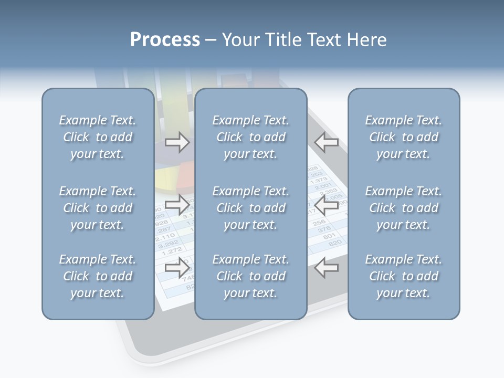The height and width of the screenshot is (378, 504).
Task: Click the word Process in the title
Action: point(165,40)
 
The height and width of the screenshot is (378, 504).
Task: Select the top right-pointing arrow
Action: point(177,142)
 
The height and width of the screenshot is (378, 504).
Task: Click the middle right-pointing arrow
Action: point(177,205)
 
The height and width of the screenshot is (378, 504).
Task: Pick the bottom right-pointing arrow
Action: point(177,268)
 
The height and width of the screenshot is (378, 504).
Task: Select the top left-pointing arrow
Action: point(326,142)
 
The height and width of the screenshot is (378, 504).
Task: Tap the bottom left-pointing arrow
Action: point(326,268)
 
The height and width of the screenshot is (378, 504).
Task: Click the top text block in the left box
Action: point(98,137)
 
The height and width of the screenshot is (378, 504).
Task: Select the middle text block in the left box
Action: point(98,208)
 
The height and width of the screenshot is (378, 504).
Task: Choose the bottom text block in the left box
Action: point(98,276)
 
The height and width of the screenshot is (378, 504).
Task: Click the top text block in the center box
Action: point(250,137)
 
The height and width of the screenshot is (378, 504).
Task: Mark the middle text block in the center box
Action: point(250,208)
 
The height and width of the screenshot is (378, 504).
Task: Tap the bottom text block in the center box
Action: point(250,276)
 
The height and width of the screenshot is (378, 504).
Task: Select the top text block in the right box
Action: point(403,137)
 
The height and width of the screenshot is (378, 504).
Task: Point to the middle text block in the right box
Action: point(403,208)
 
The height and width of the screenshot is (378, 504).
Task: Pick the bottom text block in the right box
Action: point(403,276)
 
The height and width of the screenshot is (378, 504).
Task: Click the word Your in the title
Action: point(239,40)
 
